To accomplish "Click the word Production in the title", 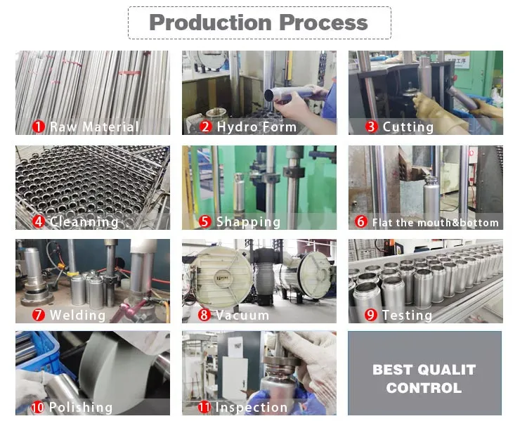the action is pos(210,22).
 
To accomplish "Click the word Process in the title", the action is pos(323,22).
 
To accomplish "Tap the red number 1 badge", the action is pos(39,127).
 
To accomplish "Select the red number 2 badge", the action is pos(205,127).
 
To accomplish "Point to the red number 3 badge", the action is pos(372,127).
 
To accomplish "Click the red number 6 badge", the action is pos(361,221).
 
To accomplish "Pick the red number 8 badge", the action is pos(204,315).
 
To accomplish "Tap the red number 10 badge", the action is pos(38,407).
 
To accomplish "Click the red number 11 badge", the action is pos(204,407).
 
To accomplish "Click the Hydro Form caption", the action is pos(256,127).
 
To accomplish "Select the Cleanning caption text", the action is pos(84,222).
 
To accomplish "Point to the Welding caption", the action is pos(77,316).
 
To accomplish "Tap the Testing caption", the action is pos(407,316).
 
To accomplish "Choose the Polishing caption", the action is pos(81,408).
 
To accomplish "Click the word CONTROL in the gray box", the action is pos(424,388).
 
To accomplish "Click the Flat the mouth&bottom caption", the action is pos(436,222).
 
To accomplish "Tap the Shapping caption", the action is pos(248,222).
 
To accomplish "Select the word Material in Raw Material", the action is pos(110,127).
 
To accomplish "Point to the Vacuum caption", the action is pos(242,316).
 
